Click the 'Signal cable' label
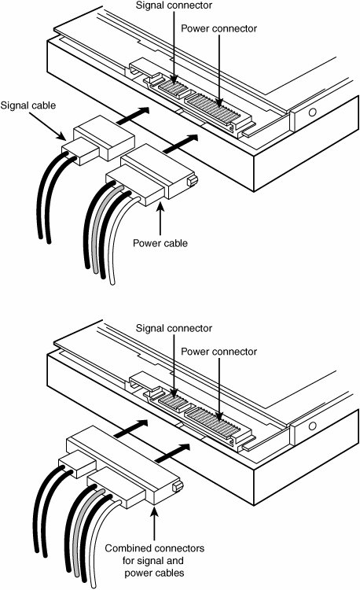tap(28, 105)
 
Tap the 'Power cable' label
tap(160, 243)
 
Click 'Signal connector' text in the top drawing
tap(174, 6)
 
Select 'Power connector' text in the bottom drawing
tap(219, 352)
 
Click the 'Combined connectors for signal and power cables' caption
tap(154, 560)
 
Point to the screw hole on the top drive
tap(312, 112)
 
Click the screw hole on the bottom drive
tap(312, 426)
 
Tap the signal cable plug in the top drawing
tap(98, 141)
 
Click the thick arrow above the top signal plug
tap(133, 116)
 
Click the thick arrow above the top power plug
tap(181, 143)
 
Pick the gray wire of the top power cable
tap(103, 227)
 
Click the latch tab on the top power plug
tap(193, 181)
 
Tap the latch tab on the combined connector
tap(178, 486)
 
